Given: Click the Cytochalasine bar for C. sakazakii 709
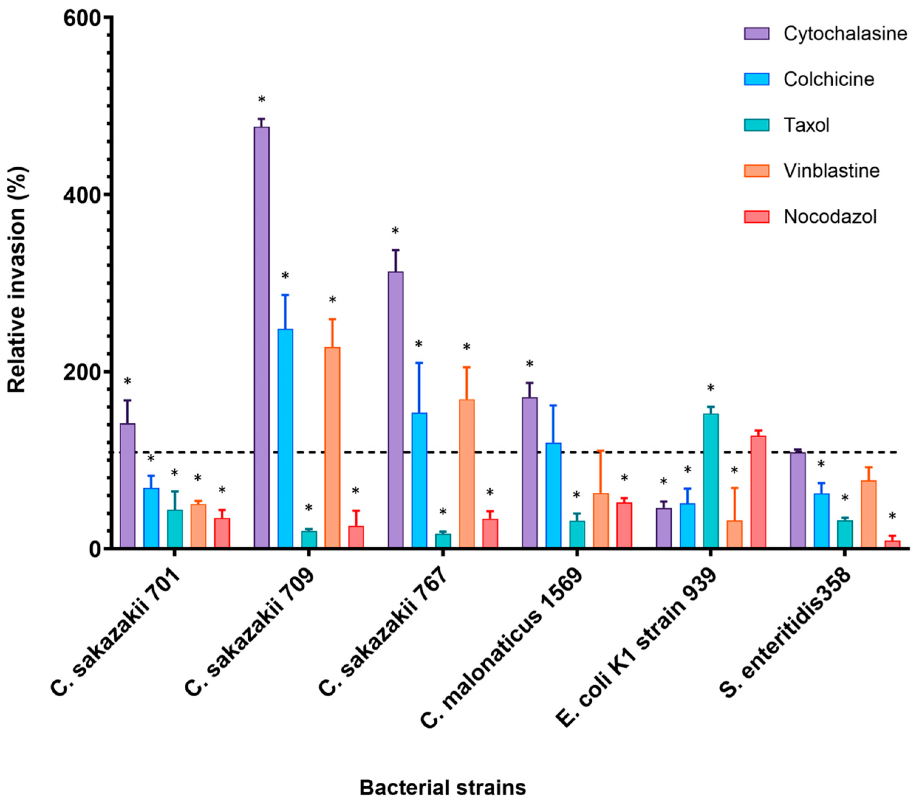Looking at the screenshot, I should point(262,337).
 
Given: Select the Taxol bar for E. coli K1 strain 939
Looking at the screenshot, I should point(710,481).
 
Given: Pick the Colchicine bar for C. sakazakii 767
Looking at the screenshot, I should point(419,480).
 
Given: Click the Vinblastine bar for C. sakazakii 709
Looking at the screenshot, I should point(332,447).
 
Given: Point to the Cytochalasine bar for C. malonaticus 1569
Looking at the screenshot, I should point(529,472).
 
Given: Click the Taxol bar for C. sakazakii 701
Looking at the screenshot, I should point(175,529).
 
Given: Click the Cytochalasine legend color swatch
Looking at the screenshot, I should point(757,34).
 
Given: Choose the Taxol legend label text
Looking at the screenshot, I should point(806,125).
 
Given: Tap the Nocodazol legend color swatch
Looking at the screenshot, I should point(757,217).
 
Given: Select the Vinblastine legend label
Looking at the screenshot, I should point(831,171).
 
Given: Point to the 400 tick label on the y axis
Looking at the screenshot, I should point(82,195).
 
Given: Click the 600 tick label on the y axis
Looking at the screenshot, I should point(82,17).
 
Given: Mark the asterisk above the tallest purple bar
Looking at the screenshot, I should point(262,99).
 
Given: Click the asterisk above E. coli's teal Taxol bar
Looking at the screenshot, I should point(710,387).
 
